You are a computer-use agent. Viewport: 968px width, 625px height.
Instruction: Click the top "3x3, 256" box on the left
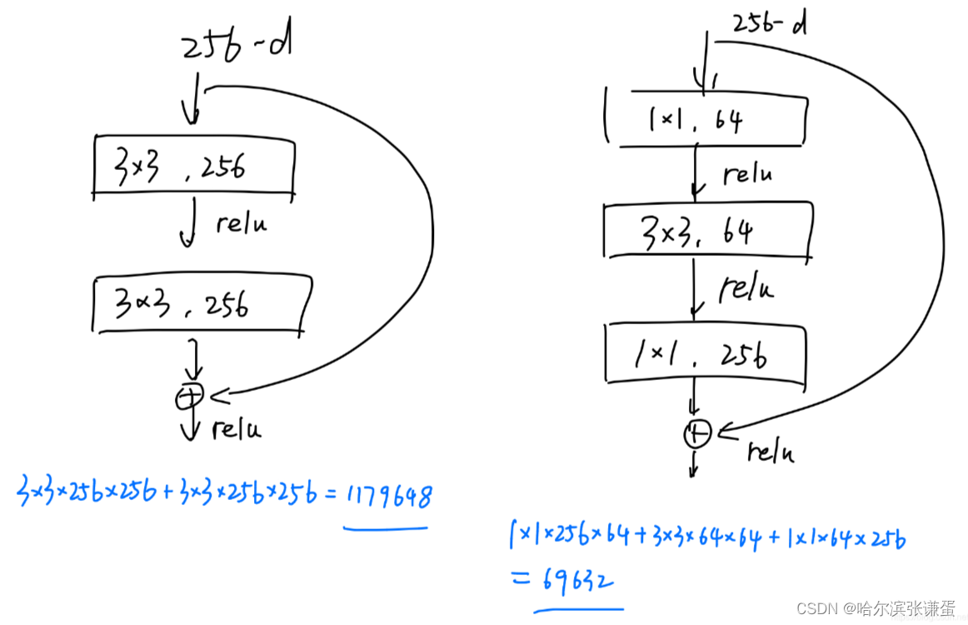[193, 167]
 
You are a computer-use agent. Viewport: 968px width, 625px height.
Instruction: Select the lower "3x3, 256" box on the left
[200, 306]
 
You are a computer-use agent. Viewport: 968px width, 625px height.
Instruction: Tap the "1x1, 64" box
[705, 121]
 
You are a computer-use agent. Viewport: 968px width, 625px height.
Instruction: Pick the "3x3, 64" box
[706, 230]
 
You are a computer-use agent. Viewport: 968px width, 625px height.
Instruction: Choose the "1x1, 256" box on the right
[705, 356]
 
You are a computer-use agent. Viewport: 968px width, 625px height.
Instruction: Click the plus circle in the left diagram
[188, 397]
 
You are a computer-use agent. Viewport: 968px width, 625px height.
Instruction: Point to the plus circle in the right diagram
[697, 433]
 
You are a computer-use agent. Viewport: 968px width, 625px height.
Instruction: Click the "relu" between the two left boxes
[242, 224]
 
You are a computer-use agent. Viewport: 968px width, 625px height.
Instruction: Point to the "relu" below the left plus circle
[236, 428]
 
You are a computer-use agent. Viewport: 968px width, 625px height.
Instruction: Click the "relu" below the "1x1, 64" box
[746, 173]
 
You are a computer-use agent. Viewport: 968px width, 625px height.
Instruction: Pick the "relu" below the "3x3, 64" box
[746, 287]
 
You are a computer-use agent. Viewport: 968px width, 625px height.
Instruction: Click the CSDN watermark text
[876, 608]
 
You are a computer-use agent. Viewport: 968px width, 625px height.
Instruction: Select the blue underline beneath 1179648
[386, 527]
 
